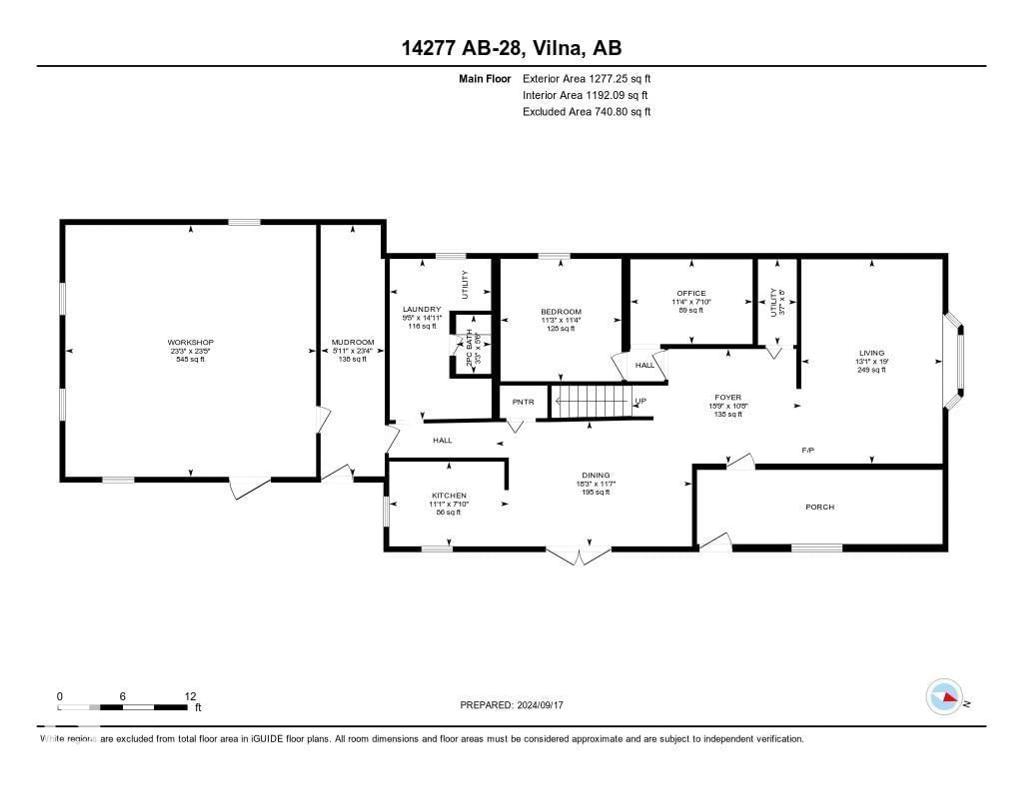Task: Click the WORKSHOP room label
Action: point(190,342)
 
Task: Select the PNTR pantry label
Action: point(523,402)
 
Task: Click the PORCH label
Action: point(820,507)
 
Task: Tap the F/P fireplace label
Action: point(807,450)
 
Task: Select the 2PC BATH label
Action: point(469,348)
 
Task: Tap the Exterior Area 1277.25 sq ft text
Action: point(586,79)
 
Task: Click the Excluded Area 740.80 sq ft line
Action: point(586,111)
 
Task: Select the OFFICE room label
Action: point(691,293)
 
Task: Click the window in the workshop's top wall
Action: point(244,222)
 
